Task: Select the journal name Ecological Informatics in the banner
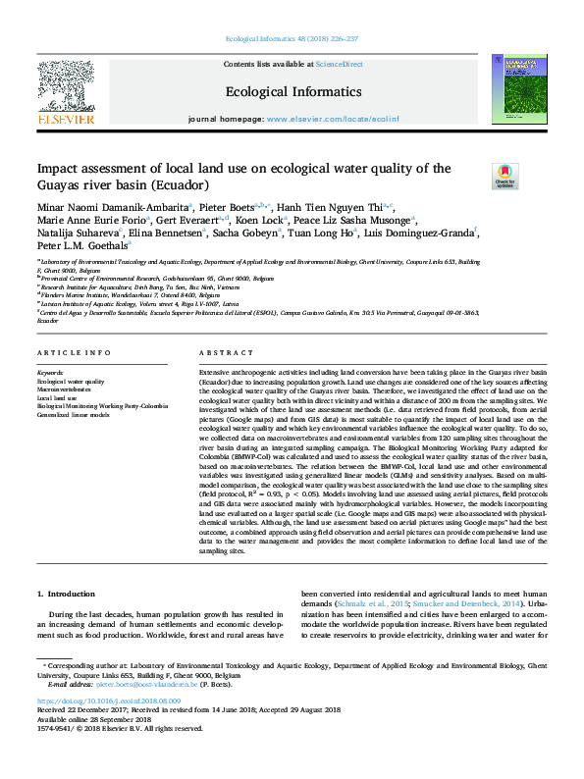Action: pyautogui.click(x=293, y=92)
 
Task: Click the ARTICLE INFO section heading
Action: pyautogui.click(x=67, y=352)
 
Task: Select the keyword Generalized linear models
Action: pyautogui.click(x=75, y=414)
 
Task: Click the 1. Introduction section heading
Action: pyautogui.click(x=68, y=594)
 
